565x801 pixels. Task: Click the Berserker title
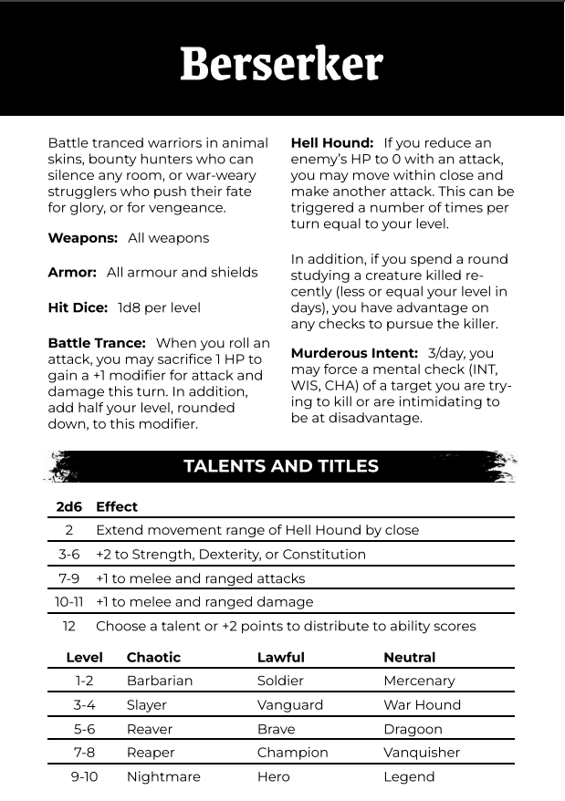(281, 64)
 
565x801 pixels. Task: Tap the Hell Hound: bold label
(332, 143)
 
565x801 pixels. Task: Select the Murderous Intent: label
(355, 353)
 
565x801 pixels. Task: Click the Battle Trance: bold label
(97, 343)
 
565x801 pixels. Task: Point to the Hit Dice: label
(78, 307)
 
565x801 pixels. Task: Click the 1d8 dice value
(131, 307)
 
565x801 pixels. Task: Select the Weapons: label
(82, 238)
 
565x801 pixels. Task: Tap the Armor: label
(72, 273)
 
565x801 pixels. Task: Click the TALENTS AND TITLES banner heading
(281, 466)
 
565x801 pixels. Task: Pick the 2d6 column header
(69, 506)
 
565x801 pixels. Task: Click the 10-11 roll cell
(69, 602)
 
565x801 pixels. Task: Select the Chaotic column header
(153, 657)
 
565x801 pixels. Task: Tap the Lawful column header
(281, 657)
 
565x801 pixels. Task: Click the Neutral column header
(410, 657)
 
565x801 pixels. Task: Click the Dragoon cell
(413, 730)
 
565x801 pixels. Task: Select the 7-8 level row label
(84, 753)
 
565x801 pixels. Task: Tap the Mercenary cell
(419, 681)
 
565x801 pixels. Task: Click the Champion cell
(292, 753)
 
